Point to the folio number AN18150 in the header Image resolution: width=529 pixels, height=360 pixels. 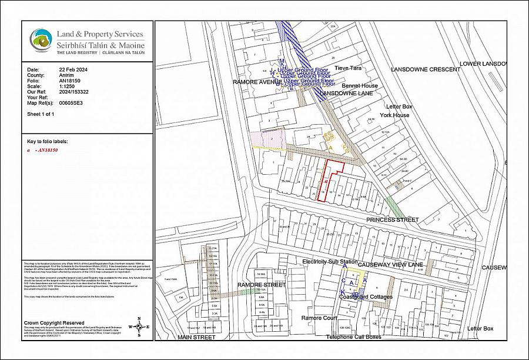tap(69, 81)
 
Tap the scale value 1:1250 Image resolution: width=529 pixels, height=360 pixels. tap(67, 86)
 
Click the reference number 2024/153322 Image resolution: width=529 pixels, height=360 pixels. tap(74, 92)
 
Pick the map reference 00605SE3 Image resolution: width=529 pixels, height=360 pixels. tap(71, 103)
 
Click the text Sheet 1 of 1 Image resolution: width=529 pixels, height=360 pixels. tap(41, 114)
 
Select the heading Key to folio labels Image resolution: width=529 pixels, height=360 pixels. tap(48, 142)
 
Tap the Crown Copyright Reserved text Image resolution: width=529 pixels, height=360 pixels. tap(53, 323)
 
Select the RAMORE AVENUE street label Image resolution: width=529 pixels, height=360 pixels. tap(254, 82)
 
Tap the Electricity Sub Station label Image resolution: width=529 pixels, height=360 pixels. tap(330, 261)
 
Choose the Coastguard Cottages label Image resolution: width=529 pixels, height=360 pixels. tap(366, 297)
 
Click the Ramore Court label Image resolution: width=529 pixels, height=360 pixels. tap(318, 318)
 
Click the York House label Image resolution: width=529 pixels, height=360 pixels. tap(394, 115)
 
